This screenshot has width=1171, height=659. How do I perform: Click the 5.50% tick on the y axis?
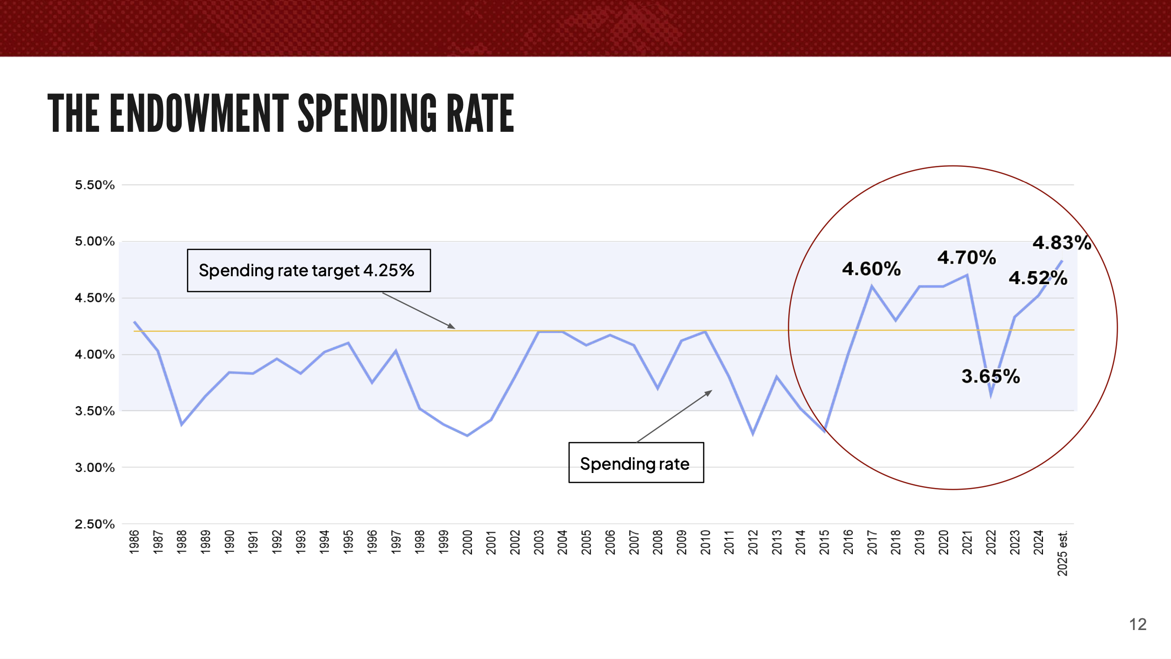(94, 185)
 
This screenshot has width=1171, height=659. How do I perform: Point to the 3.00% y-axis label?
(94, 467)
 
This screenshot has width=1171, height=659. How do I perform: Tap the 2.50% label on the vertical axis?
(94, 524)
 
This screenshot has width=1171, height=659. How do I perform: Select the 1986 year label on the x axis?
(134, 542)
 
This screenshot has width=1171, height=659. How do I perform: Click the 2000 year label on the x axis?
(467, 542)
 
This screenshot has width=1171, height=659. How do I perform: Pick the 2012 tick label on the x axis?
(753, 542)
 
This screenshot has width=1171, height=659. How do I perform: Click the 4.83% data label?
(1062, 243)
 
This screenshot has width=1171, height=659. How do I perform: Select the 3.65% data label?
(991, 376)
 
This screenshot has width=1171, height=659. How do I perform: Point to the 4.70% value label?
(966, 258)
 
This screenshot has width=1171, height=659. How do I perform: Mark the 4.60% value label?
(871, 269)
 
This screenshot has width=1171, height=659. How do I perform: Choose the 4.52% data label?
(1038, 278)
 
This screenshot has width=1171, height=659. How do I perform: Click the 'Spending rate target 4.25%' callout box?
(309, 271)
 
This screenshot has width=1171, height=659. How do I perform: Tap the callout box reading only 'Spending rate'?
(636, 463)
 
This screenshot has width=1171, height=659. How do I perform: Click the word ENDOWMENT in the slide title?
(199, 114)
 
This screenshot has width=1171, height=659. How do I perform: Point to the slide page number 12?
(1138, 624)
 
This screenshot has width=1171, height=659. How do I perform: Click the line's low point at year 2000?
(467, 435)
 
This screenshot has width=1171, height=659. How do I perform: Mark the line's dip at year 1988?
(182, 424)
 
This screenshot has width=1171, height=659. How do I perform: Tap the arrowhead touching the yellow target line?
(451, 326)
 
